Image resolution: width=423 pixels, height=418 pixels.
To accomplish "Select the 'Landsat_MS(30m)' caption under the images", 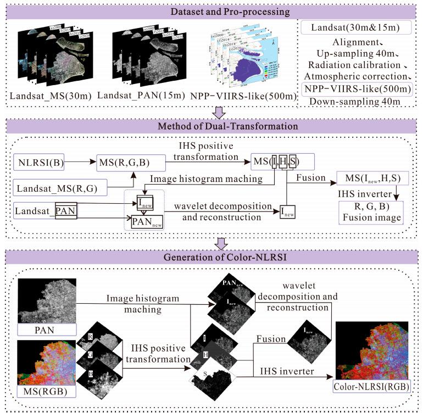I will [x=52, y=97].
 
